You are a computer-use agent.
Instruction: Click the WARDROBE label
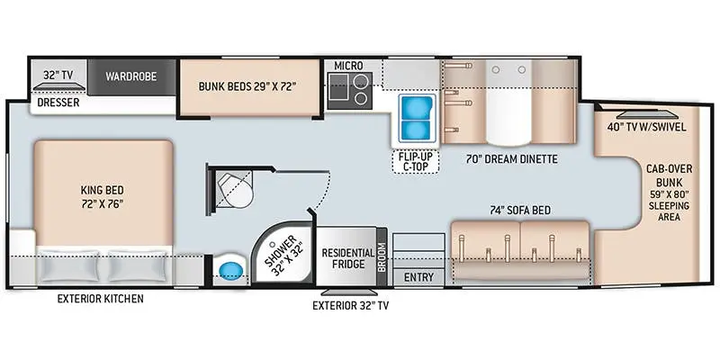pyautogui.click(x=130, y=76)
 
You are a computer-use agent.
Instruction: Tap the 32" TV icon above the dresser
pyautogui.click(x=58, y=87)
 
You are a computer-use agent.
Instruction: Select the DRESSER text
pyautogui.click(x=58, y=103)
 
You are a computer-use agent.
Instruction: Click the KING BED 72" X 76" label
pyautogui.click(x=103, y=196)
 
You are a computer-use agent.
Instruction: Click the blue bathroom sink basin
pyautogui.click(x=231, y=271)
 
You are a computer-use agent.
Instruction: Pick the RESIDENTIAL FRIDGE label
pyautogui.click(x=347, y=258)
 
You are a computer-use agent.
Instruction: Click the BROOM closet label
pyautogui.click(x=382, y=257)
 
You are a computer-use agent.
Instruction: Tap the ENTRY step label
pyautogui.click(x=418, y=277)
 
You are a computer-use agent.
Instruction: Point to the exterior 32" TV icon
pyautogui.click(x=349, y=292)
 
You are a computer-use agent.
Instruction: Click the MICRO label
pyautogui.click(x=348, y=66)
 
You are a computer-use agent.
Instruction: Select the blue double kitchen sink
pyautogui.click(x=417, y=119)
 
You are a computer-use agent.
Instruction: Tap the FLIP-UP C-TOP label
pyautogui.click(x=415, y=162)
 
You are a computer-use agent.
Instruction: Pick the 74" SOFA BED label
pyautogui.click(x=521, y=211)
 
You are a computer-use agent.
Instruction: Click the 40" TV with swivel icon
pyautogui.click(x=646, y=114)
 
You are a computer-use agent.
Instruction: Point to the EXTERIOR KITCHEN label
pyautogui.click(x=100, y=299)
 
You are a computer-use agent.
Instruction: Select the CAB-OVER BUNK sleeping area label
pyautogui.click(x=669, y=193)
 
